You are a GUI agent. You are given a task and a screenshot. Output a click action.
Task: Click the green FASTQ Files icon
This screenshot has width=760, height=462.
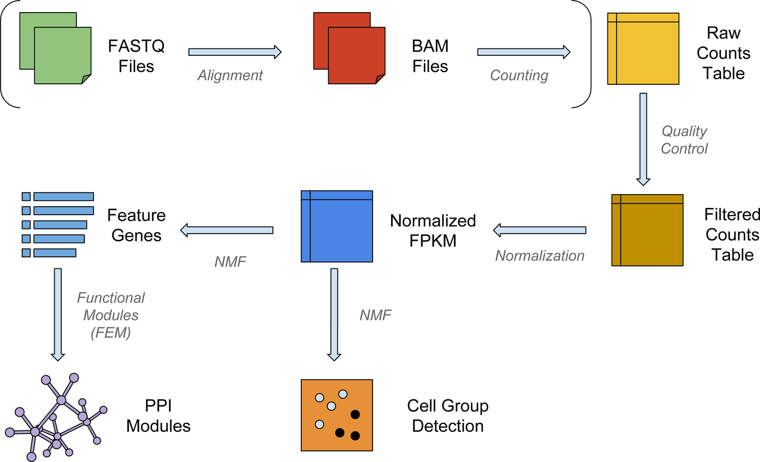pyautogui.click(x=56, y=49)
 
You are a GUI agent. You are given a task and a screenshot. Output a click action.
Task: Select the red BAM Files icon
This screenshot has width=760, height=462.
pyautogui.click(x=349, y=49)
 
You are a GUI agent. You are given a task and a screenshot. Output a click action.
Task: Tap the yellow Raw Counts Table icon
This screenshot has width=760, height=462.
pyautogui.click(x=643, y=49)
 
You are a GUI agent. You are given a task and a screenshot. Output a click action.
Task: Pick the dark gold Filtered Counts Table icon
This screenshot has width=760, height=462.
pyautogui.click(x=647, y=230)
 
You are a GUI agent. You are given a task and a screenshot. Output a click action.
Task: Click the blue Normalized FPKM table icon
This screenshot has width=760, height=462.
pyautogui.click(x=337, y=226)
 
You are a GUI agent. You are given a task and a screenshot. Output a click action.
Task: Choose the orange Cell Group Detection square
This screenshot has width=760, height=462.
pyautogui.click(x=337, y=415)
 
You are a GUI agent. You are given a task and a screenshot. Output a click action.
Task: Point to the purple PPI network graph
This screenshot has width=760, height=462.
pyautogui.click(x=55, y=419)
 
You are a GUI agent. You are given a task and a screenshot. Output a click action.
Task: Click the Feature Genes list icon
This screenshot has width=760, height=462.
pyautogui.click(x=58, y=225)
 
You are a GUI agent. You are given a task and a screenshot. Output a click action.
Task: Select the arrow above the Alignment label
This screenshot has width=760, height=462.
pyautogui.click(x=235, y=52)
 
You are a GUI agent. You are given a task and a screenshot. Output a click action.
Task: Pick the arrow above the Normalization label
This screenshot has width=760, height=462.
pyautogui.click(x=539, y=230)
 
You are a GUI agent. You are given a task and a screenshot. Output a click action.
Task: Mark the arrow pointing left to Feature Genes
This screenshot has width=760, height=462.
pyautogui.click(x=227, y=230)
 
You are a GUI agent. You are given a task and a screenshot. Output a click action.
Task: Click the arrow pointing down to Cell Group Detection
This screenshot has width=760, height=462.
pyautogui.click(x=334, y=314)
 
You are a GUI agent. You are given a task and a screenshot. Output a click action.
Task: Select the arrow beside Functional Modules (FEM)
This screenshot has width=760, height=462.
pyautogui.click(x=58, y=314)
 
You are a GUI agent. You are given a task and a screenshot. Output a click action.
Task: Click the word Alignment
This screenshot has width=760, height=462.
pyautogui.click(x=230, y=75)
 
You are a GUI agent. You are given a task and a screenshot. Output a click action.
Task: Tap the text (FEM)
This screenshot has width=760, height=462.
pyautogui.click(x=111, y=333)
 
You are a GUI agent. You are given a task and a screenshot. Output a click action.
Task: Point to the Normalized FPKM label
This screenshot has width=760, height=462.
pyautogui.click(x=433, y=230)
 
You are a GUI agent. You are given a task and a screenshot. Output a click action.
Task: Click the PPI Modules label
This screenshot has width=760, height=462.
pyautogui.click(x=158, y=416)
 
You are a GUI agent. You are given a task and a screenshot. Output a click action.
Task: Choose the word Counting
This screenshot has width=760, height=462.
pyautogui.click(x=519, y=75)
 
